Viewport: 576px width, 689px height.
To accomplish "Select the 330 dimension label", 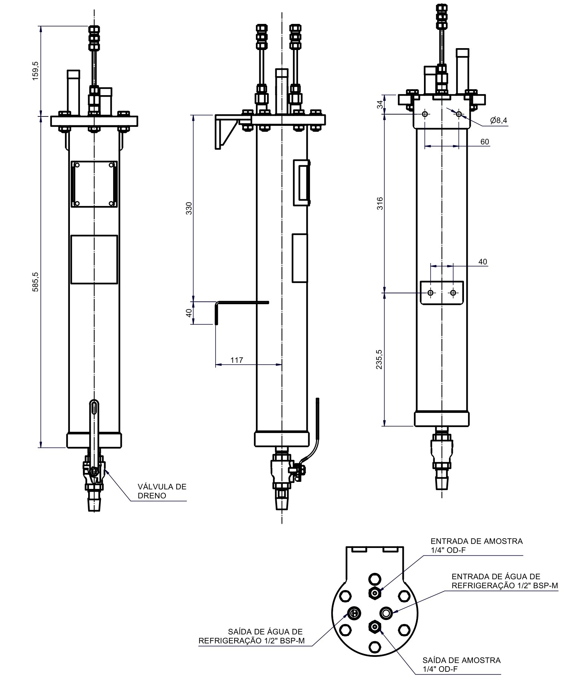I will tap(189, 208).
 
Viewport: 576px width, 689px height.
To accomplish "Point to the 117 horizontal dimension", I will tap(237, 360).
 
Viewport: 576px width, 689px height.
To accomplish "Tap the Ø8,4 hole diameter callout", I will tap(499, 120).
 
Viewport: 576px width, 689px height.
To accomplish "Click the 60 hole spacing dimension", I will tap(484, 142).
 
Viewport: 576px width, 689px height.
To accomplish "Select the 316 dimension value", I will tap(380, 203).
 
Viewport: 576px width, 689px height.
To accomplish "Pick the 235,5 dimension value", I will tap(380, 359).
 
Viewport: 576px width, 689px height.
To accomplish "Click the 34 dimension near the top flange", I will tap(380, 105).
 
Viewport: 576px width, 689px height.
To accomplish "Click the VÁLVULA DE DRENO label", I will tap(162, 491).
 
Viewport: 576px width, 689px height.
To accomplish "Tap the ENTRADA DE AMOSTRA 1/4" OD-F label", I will tap(476, 545).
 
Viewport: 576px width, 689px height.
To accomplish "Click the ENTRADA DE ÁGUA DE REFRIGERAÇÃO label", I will tap(504, 581).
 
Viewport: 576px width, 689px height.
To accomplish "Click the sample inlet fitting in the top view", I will tap(375, 592).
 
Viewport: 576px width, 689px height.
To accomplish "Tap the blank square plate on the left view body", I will tap(94, 259).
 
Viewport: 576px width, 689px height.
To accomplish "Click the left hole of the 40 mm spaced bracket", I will tap(431, 293).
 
